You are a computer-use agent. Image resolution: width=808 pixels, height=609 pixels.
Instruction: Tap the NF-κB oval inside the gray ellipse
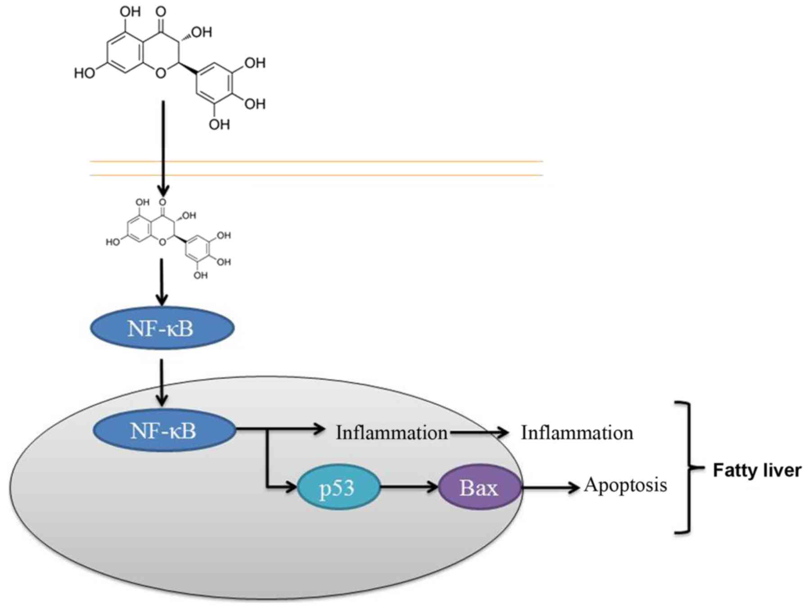click(164, 431)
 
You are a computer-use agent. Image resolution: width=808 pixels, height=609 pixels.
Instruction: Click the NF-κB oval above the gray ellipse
click(162, 328)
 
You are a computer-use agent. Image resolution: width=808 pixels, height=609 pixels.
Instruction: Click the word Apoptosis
click(625, 485)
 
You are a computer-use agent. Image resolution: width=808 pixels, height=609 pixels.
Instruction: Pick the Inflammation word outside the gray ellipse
click(577, 432)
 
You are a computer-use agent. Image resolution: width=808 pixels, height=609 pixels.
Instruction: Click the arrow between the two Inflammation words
click(479, 432)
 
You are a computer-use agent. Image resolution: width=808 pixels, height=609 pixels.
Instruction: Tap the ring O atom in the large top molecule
click(161, 73)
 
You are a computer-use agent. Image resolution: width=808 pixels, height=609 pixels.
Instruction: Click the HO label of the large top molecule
click(85, 73)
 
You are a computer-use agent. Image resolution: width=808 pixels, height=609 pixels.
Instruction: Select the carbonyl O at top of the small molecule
click(163, 202)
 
